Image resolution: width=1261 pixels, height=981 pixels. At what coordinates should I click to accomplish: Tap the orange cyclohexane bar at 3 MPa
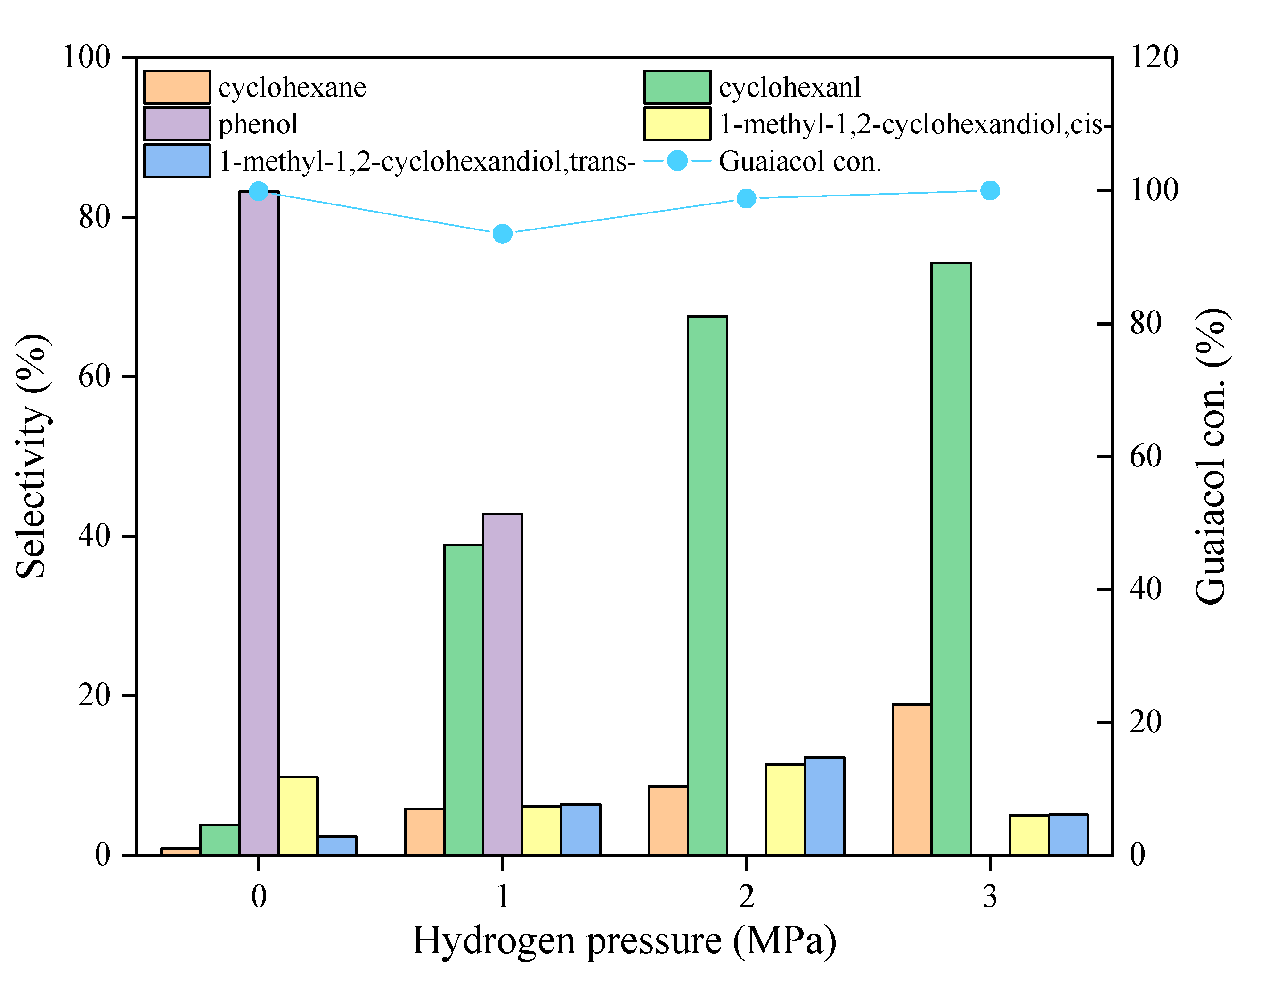[911, 779]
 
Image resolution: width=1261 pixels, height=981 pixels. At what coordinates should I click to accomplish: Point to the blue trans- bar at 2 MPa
[824, 805]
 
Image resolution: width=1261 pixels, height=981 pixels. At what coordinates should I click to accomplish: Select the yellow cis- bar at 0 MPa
[298, 815]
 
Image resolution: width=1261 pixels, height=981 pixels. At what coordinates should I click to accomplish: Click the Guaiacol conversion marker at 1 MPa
[502, 234]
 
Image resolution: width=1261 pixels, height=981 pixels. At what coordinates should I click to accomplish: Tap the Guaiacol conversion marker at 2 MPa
[746, 199]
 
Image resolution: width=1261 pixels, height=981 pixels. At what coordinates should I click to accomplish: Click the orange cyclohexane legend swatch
[177, 87]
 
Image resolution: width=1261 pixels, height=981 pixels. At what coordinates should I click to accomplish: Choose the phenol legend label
[258, 124]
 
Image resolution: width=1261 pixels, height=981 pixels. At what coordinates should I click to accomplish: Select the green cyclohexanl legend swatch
[677, 87]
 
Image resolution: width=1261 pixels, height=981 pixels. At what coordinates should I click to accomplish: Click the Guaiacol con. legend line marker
[677, 161]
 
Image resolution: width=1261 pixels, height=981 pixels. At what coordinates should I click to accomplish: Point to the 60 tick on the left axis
[94, 376]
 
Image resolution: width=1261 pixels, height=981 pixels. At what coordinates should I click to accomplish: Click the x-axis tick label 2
[746, 897]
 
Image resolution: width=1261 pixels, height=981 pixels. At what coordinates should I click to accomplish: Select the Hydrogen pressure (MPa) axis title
[624, 940]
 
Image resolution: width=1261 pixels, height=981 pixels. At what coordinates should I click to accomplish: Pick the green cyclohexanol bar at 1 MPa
[463, 699]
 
